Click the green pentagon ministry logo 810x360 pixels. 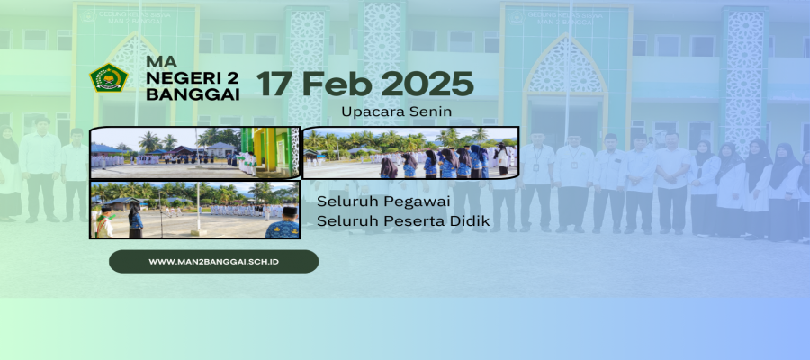(109, 77)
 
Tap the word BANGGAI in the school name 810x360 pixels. (193, 94)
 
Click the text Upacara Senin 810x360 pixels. (396, 111)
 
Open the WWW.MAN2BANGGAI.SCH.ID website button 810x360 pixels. (213, 261)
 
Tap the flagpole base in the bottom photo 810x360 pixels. (198, 232)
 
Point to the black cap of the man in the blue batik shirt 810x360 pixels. (289, 211)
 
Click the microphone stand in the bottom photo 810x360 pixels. (160, 214)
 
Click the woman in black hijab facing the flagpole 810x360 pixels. (135, 221)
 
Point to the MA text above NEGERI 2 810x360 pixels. (161, 61)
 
